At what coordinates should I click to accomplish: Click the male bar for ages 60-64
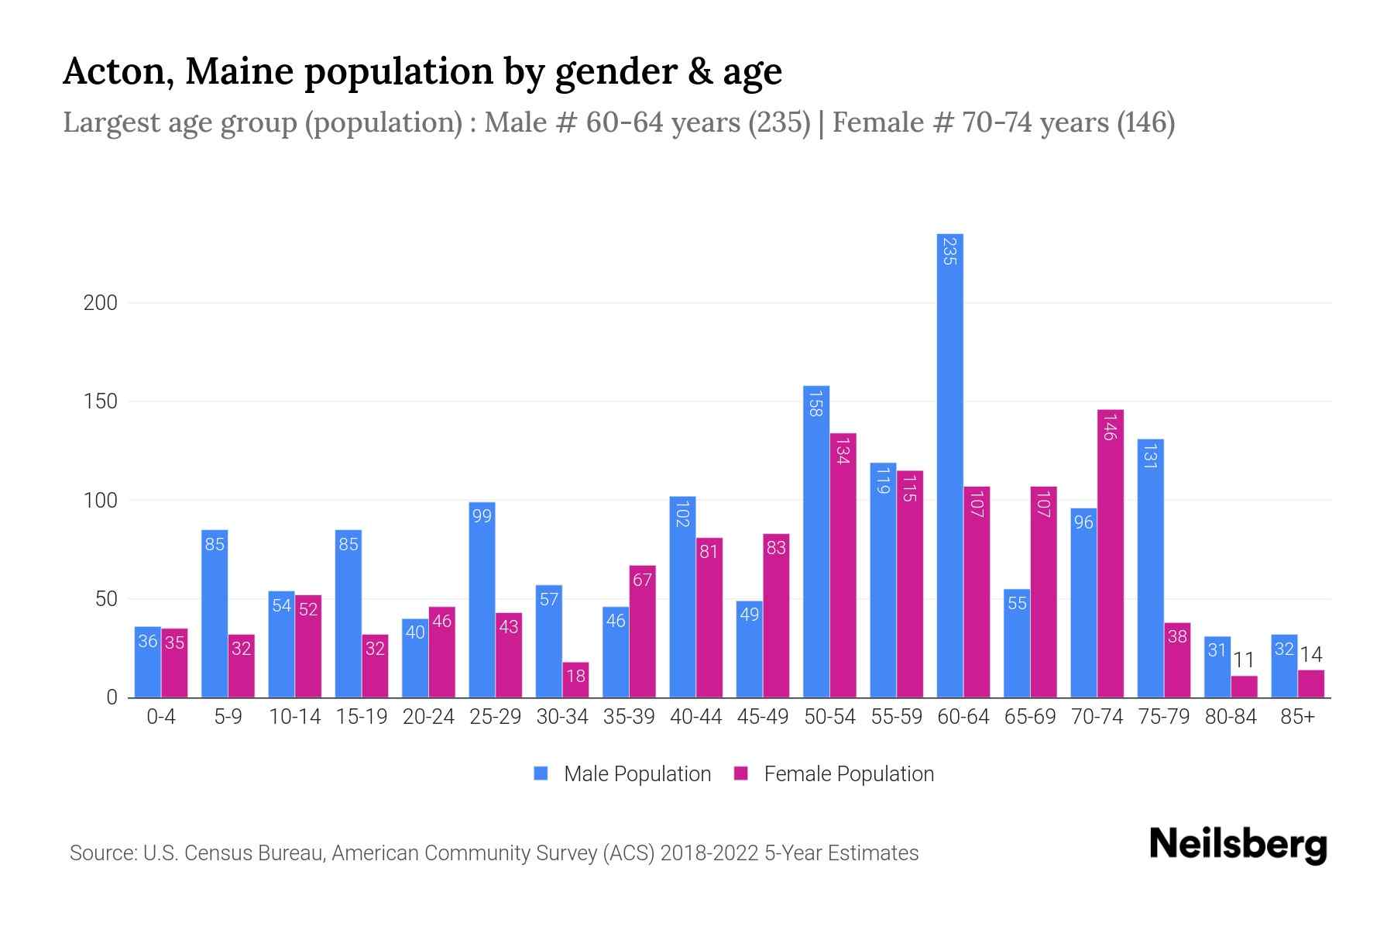click(949, 465)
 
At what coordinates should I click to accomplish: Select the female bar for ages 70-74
click(1110, 553)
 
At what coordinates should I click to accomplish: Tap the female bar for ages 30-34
click(575, 680)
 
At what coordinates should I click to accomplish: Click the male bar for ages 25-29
click(482, 600)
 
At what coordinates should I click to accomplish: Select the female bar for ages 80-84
click(1244, 687)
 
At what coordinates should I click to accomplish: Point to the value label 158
click(815, 403)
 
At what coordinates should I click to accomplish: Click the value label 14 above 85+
click(1310, 655)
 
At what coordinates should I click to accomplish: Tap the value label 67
click(642, 580)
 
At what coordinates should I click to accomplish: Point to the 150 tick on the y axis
click(101, 401)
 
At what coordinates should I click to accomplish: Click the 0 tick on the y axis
click(112, 697)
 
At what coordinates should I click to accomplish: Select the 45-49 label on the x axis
click(763, 717)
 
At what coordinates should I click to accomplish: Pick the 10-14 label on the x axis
click(294, 717)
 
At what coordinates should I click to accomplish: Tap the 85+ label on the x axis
click(1297, 717)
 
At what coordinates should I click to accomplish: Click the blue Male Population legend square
click(541, 773)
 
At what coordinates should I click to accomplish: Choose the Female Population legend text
click(849, 773)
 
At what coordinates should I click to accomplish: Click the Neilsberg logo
click(1238, 845)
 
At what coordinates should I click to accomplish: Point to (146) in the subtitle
click(1146, 122)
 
